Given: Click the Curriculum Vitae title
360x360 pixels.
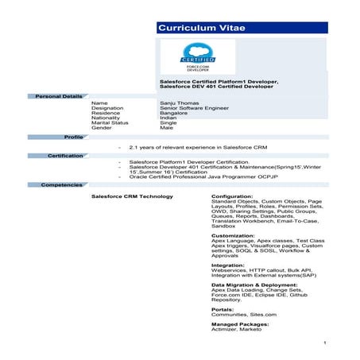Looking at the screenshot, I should [x=201, y=29].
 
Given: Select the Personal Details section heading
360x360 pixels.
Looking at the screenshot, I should [x=58, y=95].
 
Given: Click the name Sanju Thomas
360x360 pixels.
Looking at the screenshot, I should [x=179, y=103].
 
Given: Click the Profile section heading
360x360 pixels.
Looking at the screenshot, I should [x=74, y=137].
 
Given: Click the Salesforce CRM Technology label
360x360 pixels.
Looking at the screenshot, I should [x=132, y=195].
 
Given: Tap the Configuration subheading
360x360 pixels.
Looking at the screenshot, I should [x=233, y=195].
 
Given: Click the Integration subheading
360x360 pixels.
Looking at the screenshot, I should [x=227, y=265].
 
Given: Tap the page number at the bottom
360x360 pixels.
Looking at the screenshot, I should [x=326, y=343].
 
